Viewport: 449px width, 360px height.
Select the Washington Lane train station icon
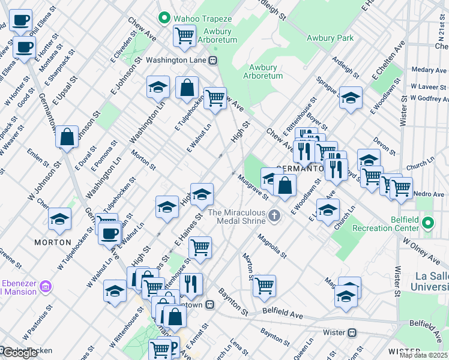212,61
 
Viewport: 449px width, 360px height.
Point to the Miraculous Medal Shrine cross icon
274,215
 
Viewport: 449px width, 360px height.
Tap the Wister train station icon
352,332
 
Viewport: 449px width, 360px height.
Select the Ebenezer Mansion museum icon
46,289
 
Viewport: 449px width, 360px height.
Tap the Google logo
19,353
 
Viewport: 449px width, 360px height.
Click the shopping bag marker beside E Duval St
67,136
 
